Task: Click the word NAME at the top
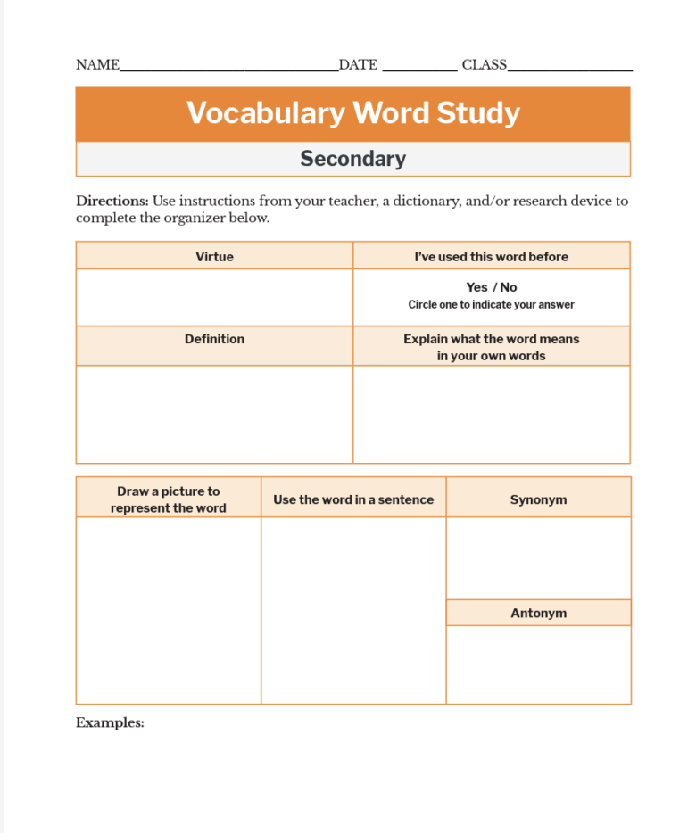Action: pyautogui.click(x=97, y=65)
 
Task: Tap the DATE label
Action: pyautogui.click(x=358, y=65)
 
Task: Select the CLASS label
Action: pyautogui.click(x=484, y=65)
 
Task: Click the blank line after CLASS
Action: pyautogui.click(x=570, y=68)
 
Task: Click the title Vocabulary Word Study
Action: pyautogui.click(x=352, y=113)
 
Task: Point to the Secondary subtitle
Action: pyautogui.click(x=352, y=159)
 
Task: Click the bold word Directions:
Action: pyautogui.click(x=112, y=201)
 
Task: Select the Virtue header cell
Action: pyautogui.click(x=214, y=257)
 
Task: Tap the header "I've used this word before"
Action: pyautogui.click(x=491, y=257)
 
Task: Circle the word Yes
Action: pyautogui.click(x=476, y=287)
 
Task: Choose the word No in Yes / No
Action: pyautogui.click(x=509, y=287)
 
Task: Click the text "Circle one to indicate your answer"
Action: pyautogui.click(x=491, y=305)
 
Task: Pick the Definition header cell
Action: pyautogui.click(x=214, y=339)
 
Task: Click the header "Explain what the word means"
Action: pyautogui.click(x=491, y=339)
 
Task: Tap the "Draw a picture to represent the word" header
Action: pyautogui.click(x=168, y=499)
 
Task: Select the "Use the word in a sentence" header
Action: pyautogui.click(x=353, y=499)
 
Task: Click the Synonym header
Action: pyautogui.click(x=538, y=499)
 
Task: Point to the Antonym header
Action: pyautogui.click(x=538, y=614)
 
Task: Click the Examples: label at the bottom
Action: pyautogui.click(x=110, y=723)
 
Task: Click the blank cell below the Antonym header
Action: pyautogui.click(x=538, y=664)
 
